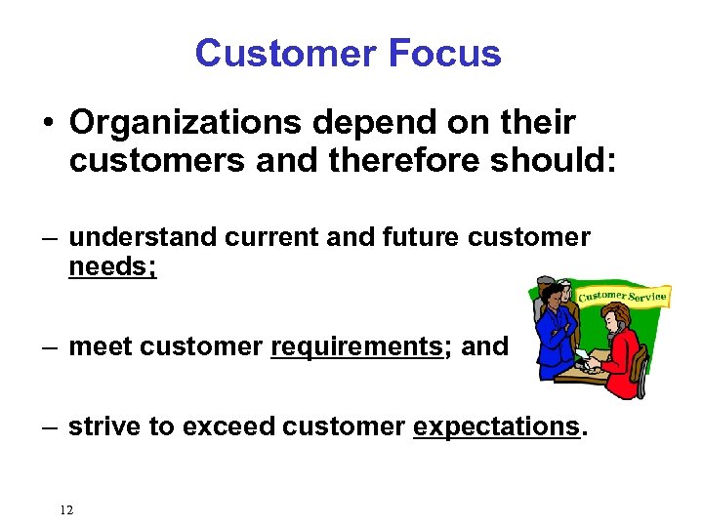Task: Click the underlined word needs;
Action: coord(112,267)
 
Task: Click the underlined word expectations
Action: coord(496,426)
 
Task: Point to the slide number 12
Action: coord(66,509)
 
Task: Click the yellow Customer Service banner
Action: coord(622,294)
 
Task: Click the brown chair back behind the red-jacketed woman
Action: coord(641,366)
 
